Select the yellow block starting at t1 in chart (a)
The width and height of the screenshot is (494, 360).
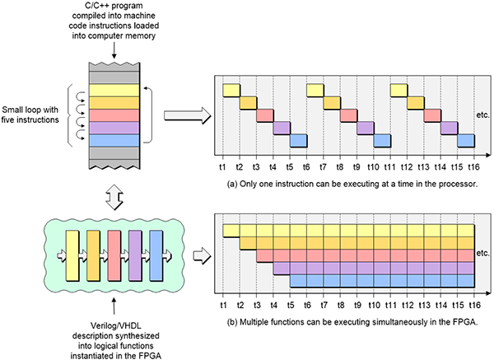coord(231,90)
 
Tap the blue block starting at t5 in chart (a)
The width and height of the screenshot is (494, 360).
coord(298,141)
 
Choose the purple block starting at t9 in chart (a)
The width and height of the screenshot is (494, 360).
coord(365,128)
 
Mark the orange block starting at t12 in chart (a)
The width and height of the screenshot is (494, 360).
coord(416,102)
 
